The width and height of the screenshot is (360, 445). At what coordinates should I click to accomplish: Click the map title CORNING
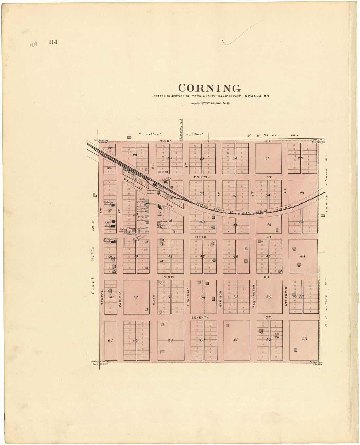point(209,88)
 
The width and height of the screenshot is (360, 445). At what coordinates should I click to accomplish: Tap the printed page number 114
point(53,42)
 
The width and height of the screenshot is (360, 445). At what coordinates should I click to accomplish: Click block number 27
point(267,158)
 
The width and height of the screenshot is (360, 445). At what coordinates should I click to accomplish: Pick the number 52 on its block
point(136,297)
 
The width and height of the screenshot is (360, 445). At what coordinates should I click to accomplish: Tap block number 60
point(236,340)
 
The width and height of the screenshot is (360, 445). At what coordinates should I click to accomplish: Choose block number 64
point(110,340)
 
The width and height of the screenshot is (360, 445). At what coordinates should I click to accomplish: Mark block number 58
point(304,339)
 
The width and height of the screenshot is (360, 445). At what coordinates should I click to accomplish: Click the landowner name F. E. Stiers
point(264,135)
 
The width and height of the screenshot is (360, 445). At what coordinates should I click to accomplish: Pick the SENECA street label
point(102,297)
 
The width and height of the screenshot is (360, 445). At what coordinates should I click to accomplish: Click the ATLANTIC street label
point(286,297)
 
